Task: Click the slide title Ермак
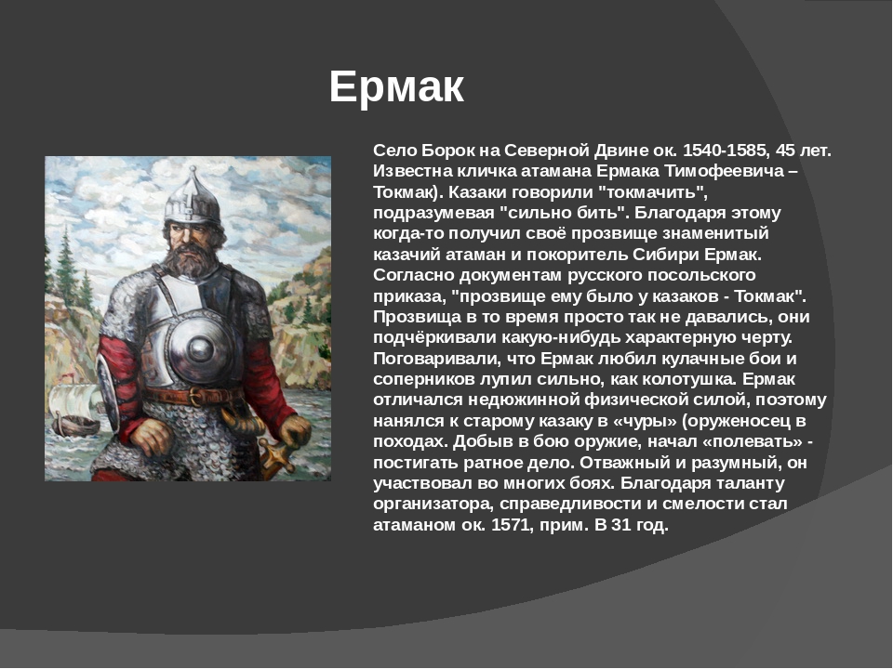tap(396, 86)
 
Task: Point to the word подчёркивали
tap(434, 338)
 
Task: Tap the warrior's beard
tap(190, 259)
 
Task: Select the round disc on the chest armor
tap(200, 348)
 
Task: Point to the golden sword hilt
tap(277, 456)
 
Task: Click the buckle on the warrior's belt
tap(197, 397)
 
